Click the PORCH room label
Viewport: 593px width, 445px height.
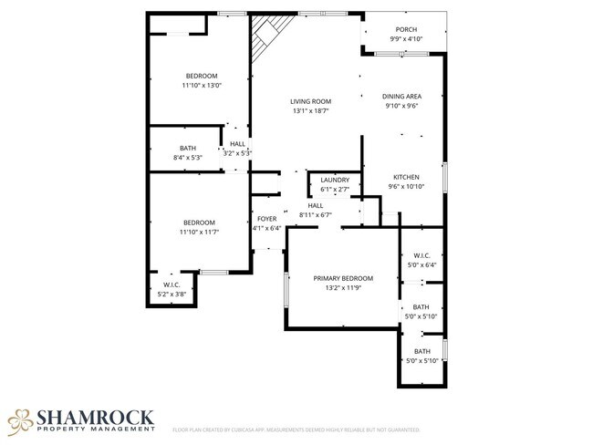click(x=405, y=29)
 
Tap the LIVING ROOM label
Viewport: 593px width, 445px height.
click(x=310, y=101)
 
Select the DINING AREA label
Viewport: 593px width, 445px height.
click(x=401, y=96)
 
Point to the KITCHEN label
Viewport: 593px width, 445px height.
click(x=406, y=176)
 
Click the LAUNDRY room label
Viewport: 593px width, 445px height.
click(x=335, y=180)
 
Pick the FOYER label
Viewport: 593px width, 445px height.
click(x=266, y=219)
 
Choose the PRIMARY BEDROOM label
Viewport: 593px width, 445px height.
click(x=344, y=278)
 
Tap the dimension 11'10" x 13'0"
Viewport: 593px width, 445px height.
click(x=202, y=85)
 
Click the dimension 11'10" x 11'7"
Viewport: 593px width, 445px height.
click(x=199, y=233)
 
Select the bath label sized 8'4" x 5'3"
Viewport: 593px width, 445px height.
click(x=187, y=148)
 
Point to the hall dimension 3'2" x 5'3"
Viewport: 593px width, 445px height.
click(x=237, y=153)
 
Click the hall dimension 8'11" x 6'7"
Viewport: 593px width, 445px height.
click(x=316, y=215)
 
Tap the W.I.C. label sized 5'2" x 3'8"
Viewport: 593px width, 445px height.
click(x=172, y=285)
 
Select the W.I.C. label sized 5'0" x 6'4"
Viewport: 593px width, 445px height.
click(x=421, y=255)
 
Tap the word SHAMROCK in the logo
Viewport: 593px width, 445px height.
click(x=94, y=416)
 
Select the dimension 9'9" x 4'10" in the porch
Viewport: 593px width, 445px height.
click(x=405, y=39)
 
